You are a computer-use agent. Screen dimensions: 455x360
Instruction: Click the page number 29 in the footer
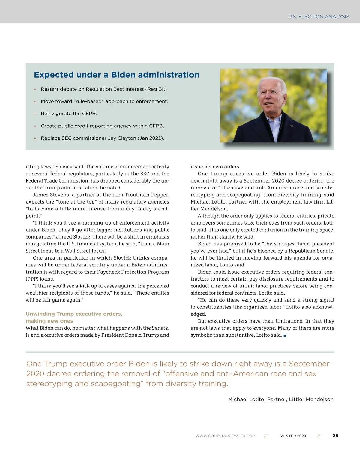tap(335, 435)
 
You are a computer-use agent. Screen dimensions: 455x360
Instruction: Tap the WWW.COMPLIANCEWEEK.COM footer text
tap(225, 436)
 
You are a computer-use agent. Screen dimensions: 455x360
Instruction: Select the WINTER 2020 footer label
tap(293, 436)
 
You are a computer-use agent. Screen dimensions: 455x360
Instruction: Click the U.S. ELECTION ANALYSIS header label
tap(318, 17)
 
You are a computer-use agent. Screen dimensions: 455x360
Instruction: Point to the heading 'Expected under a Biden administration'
tap(116, 75)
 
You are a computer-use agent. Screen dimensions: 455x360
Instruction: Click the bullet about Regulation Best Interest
tap(104, 89)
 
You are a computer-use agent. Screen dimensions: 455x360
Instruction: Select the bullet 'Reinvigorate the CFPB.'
tap(69, 114)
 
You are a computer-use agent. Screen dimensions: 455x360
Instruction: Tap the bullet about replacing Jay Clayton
tap(102, 138)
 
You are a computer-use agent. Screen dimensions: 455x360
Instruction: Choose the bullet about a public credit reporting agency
tap(102, 126)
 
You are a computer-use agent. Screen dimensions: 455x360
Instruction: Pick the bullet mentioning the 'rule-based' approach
tap(104, 101)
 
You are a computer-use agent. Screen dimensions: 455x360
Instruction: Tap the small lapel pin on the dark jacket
tap(291, 126)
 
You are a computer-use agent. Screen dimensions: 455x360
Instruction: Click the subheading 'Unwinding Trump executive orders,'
tap(74, 314)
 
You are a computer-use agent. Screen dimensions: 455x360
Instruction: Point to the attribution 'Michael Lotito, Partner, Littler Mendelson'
tap(280, 399)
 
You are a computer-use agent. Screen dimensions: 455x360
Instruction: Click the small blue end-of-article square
tap(285, 335)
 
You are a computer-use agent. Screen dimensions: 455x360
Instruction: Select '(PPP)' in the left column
tap(32, 279)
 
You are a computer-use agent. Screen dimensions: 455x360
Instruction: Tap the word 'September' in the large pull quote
tap(309, 364)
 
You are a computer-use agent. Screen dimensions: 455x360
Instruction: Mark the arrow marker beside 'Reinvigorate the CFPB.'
tap(35, 114)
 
